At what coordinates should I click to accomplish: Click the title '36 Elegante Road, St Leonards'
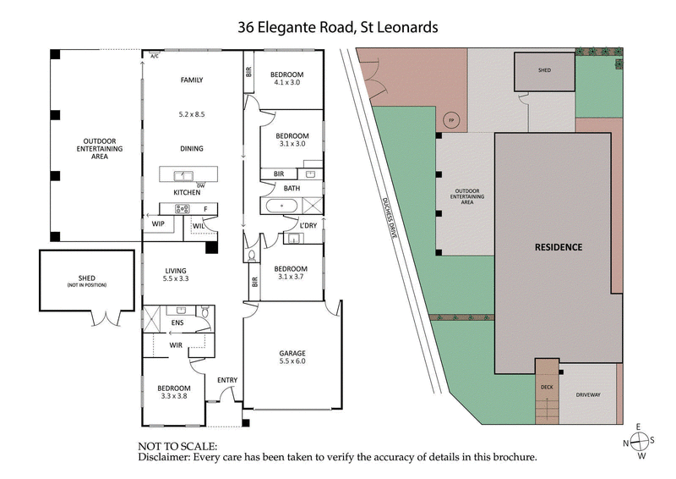click(x=337, y=27)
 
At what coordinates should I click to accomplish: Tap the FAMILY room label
click(x=192, y=80)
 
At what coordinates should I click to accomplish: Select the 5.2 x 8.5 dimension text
click(x=192, y=113)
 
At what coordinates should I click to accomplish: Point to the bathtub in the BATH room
click(x=281, y=206)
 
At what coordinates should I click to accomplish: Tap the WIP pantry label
click(x=158, y=224)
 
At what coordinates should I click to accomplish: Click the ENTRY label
click(x=226, y=380)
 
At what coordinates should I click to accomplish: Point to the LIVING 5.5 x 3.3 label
click(x=174, y=275)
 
